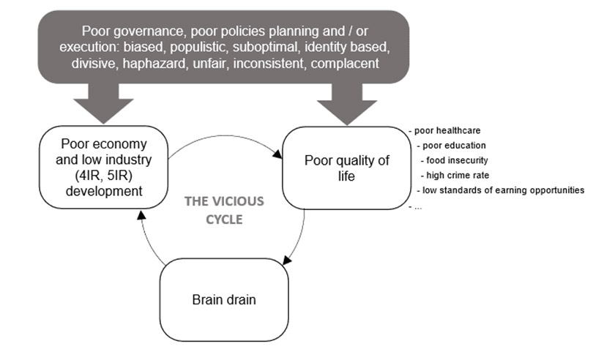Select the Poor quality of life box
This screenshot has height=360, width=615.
pyautogui.click(x=346, y=168)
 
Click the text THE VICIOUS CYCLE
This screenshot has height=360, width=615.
pyautogui.click(x=223, y=209)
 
